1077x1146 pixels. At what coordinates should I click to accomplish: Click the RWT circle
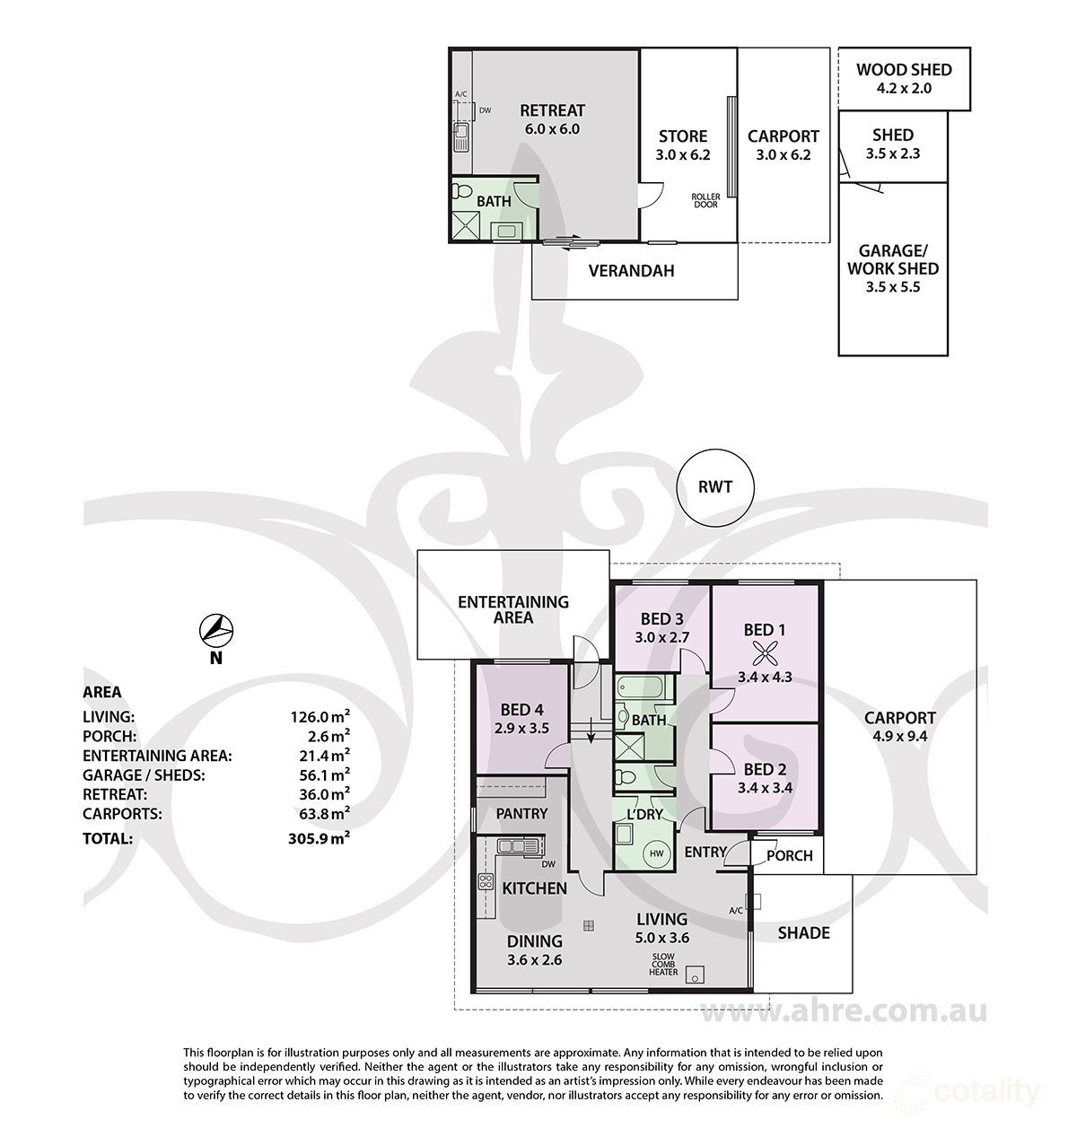tap(714, 487)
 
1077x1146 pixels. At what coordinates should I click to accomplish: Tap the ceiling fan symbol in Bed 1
tap(764, 656)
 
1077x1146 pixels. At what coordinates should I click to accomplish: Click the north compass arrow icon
tap(216, 630)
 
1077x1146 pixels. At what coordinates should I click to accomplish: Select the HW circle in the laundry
tap(657, 853)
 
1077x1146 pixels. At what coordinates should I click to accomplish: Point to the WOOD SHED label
tap(904, 70)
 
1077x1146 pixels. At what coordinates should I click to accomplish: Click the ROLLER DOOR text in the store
tap(705, 201)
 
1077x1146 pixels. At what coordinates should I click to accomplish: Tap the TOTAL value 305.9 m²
tap(320, 838)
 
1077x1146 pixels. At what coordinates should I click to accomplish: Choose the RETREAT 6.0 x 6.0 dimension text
tap(552, 128)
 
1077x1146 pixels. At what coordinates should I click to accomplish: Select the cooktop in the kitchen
tap(486, 881)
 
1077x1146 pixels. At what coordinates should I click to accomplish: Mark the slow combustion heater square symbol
tap(695, 975)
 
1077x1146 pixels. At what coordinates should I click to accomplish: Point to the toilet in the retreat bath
tap(462, 190)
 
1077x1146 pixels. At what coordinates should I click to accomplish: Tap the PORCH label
tap(790, 855)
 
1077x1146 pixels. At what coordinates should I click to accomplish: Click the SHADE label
tap(803, 933)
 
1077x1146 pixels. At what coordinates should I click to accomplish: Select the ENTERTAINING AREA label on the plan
tap(513, 610)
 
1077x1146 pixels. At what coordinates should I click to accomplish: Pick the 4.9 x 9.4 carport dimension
tap(900, 736)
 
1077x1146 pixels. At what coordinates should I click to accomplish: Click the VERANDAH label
tap(632, 271)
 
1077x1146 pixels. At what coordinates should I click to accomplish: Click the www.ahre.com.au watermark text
tap(843, 1011)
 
